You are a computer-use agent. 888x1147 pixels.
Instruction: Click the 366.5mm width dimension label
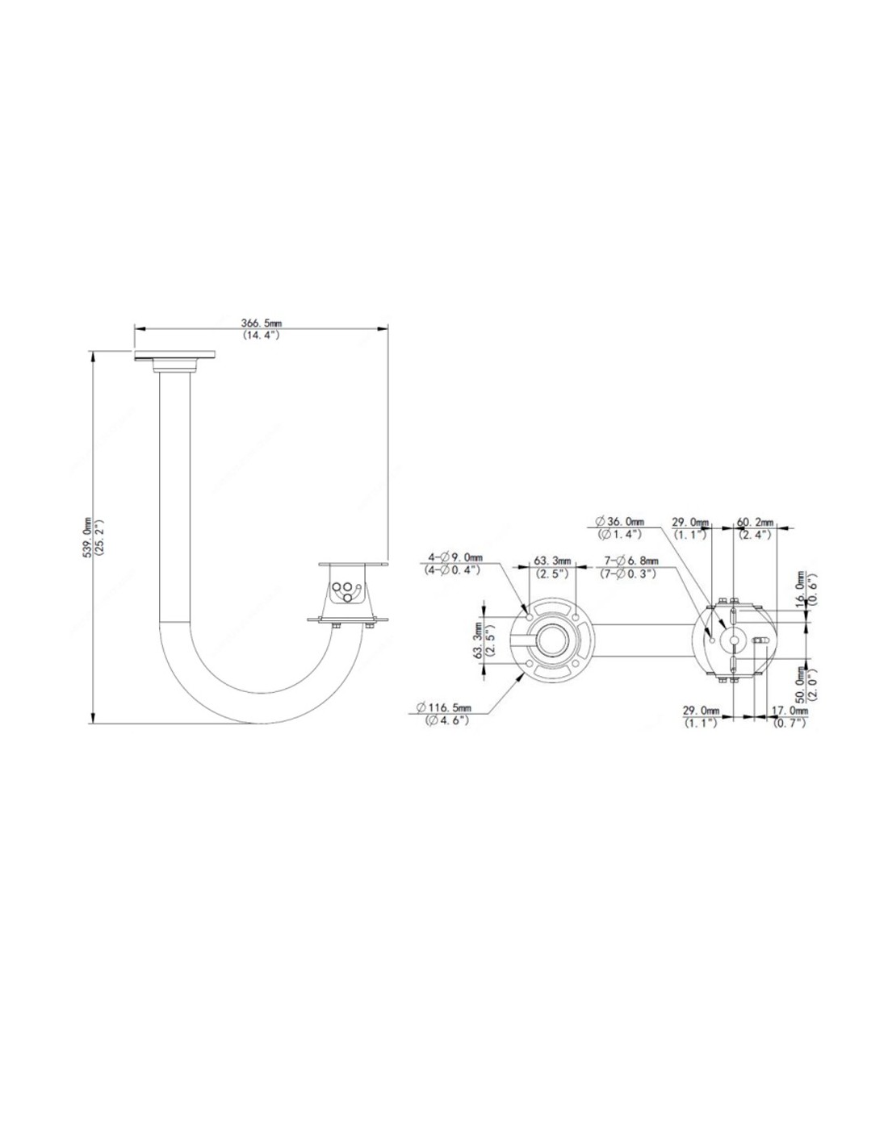[258, 323]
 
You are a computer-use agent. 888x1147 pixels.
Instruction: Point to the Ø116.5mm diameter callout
[444, 707]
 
